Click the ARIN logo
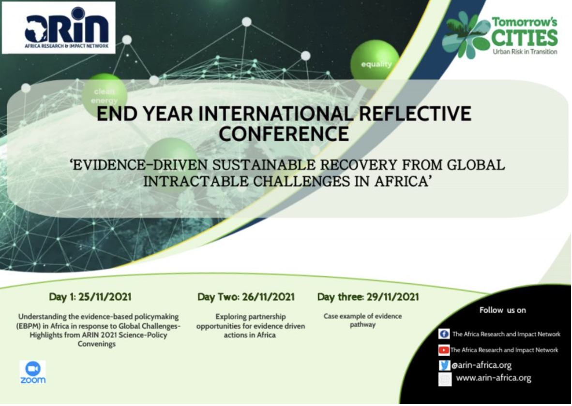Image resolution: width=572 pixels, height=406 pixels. [x=59, y=28]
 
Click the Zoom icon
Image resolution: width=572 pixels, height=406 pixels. [x=33, y=373]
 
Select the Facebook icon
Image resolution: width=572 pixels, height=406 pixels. [x=444, y=334]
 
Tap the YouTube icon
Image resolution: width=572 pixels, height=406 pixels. [x=444, y=350]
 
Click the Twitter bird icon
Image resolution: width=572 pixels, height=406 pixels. [x=445, y=365]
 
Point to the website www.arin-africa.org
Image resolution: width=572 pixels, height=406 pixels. [x=494, y=378]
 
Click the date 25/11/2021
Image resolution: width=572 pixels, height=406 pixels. [x=105, y=297]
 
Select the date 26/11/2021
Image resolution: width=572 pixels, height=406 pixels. [x=268, y=297]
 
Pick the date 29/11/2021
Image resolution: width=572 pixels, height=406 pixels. [x=392, y=297]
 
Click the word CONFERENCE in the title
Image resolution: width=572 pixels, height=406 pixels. [x=284, y=134]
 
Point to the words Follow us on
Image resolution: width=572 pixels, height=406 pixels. [x=502, y=310]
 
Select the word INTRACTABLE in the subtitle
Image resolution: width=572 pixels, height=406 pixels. [x=195, y=181]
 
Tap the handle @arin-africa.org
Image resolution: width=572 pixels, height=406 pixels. [x=482, y=365]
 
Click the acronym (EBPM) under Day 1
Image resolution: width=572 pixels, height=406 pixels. [x=28, y=326]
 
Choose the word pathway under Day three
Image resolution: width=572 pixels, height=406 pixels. [x=362, y=325]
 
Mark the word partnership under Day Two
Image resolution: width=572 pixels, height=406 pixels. [x=268, y=317]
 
